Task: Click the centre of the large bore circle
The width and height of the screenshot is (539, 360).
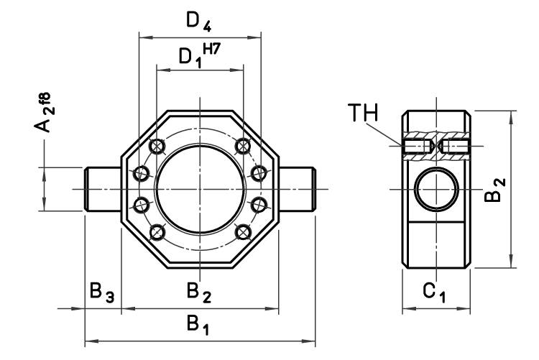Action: click(x=199, y=188)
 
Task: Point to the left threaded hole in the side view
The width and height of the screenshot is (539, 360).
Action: click(x=417, y=148)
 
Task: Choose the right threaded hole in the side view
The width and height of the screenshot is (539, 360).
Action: click(x=455, y=148)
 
